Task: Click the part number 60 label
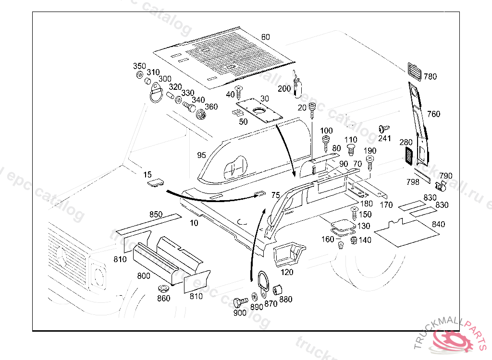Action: click(266, 37)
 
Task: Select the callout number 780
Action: click(430, 76)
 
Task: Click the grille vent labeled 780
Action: click(414, 71)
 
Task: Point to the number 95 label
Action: click(201, 155)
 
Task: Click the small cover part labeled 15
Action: click(156, 183)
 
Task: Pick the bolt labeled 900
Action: click(238, 302)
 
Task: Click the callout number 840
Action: click(438, 224)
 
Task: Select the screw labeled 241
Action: click(382, 129)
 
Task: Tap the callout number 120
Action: click(287, 272)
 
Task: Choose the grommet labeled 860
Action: click(164, 289)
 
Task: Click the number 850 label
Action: click(156, 215)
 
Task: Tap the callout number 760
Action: click(433, 114)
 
